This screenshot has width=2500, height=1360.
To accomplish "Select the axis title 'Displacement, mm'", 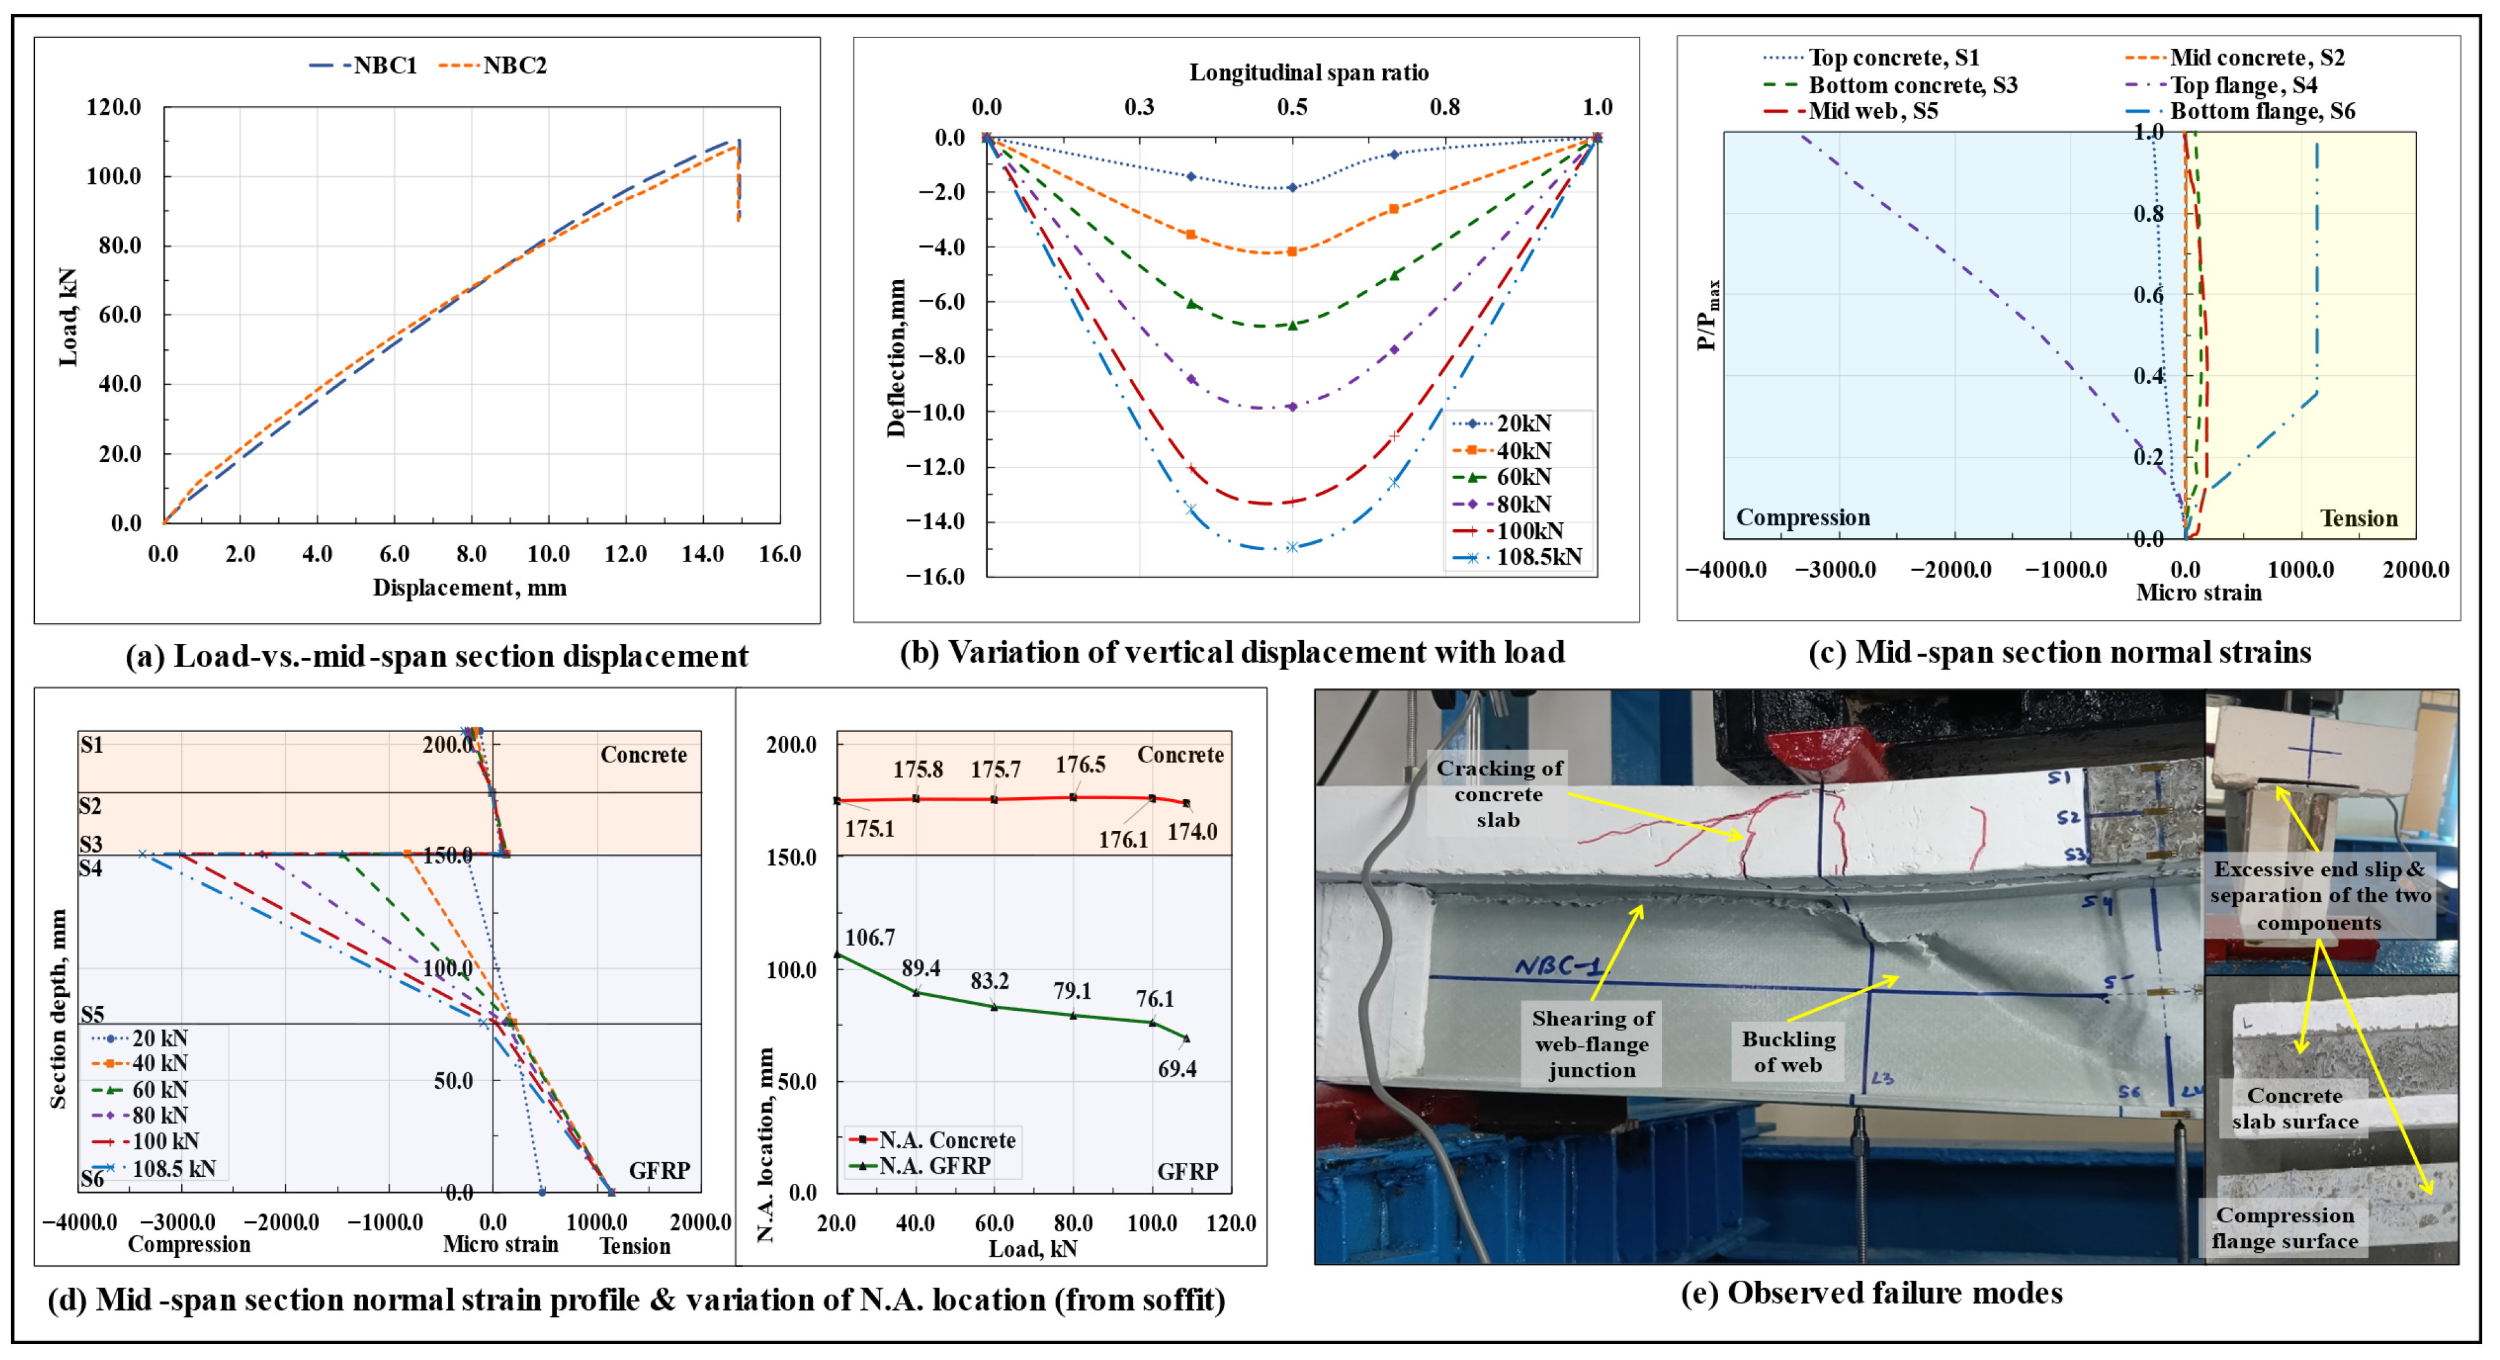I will [469, 587].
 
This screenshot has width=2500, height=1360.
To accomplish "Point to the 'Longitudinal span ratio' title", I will [1308, 73].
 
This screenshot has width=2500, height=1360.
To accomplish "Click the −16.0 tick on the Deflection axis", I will [936, 577].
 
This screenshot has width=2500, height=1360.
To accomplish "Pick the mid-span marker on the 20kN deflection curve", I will [1292, 188].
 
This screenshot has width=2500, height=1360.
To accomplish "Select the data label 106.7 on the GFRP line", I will [870, 938].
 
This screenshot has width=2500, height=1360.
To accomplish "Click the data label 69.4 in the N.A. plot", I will [1177, 1070].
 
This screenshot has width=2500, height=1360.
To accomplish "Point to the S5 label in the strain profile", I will [92, 1015].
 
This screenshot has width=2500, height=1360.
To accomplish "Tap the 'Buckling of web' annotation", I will [1788, 1051].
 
